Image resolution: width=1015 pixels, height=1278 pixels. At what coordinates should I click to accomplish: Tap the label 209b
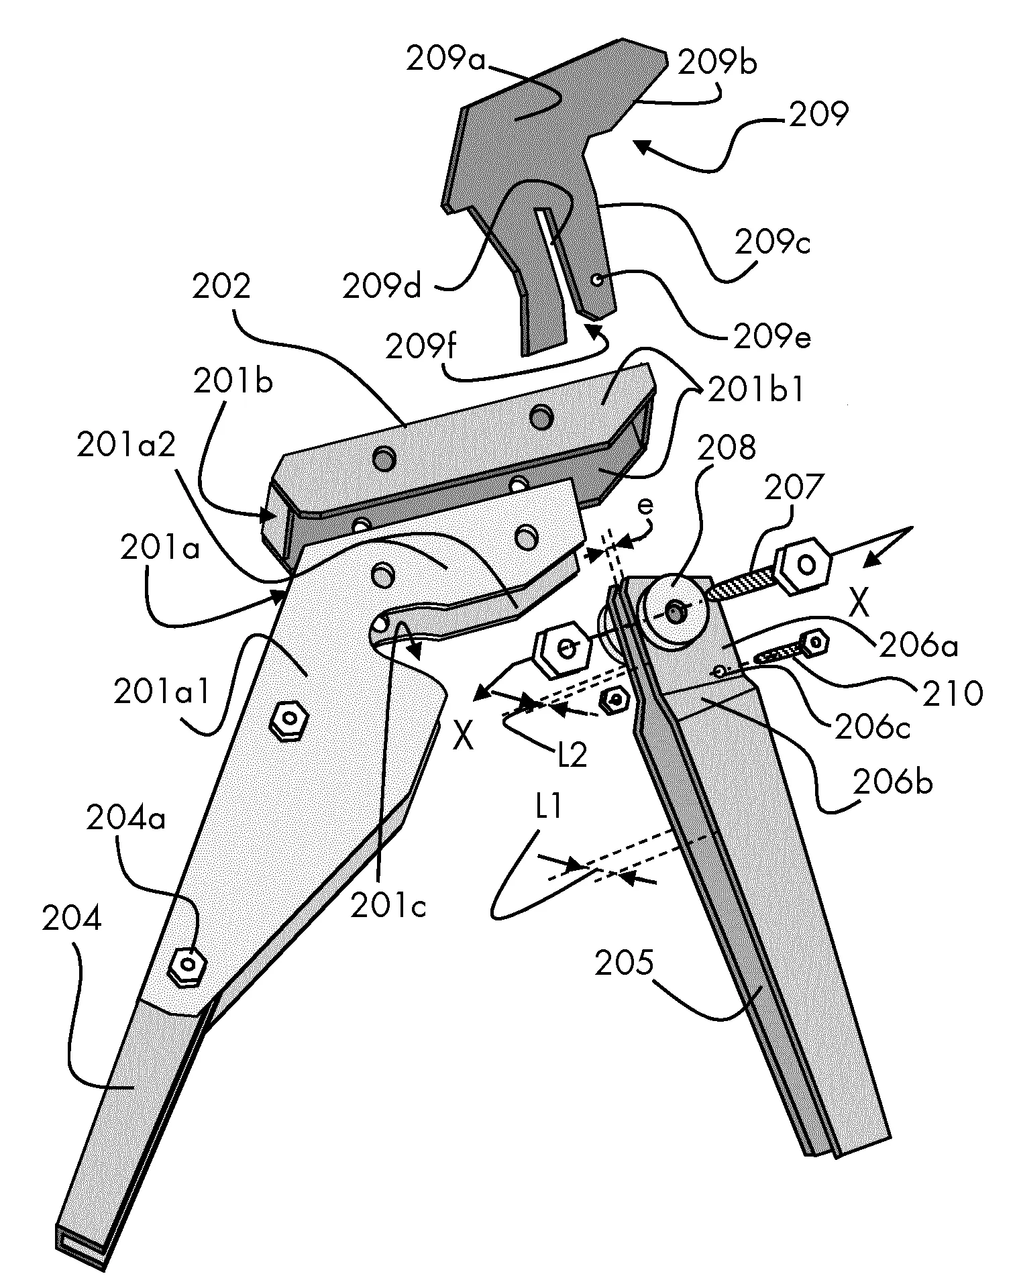717,64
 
